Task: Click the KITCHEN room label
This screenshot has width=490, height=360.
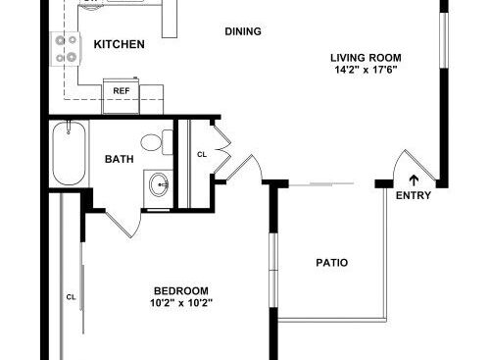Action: tap(120, 44)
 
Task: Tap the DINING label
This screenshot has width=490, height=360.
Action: tap(243, 31)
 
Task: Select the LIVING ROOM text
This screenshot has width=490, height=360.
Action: tap(366, 58)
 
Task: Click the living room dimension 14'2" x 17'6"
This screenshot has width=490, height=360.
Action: tap(366, 70)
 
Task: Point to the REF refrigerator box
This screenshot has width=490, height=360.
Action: tap(122, 96)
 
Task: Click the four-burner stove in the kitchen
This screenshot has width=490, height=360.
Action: tap(66, 49)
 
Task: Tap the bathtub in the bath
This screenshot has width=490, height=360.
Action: tap(69, 153)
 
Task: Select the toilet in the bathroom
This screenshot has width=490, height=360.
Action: tap(157, 142)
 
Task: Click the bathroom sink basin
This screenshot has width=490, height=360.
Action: tap(159, 184)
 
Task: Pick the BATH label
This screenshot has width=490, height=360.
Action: tap(120, 159)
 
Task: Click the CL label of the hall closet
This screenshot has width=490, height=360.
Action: tap(202, 154)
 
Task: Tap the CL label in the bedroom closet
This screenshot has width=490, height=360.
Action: tap(71, 297)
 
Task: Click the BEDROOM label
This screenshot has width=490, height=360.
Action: tap(181, 290)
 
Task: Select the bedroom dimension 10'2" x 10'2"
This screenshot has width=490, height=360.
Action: tap(181, 303)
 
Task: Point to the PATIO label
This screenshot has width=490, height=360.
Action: tap(331, 263)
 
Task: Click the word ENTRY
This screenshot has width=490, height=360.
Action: tap(414, 195)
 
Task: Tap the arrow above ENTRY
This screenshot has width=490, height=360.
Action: tap(414, 180)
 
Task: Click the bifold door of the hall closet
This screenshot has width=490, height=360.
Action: tap(222, 149)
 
